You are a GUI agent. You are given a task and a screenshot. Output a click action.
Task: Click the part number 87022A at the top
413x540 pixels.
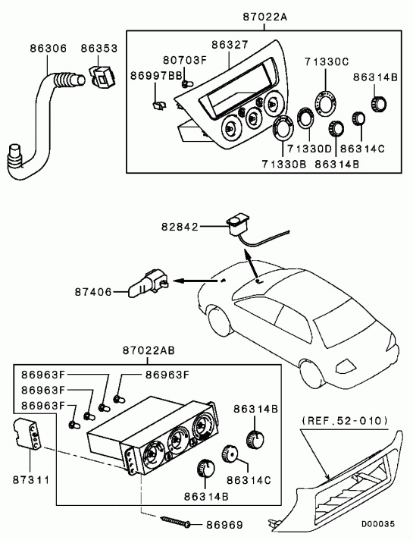tap(264, 16)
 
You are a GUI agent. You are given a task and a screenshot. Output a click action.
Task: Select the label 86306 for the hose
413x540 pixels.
tap(48, 49)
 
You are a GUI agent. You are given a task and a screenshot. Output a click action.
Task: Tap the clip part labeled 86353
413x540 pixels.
tap(103, 77)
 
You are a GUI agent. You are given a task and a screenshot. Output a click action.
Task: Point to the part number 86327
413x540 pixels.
tap(230, 45)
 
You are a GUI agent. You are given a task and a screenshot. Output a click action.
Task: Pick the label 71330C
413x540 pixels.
tap(327, 61)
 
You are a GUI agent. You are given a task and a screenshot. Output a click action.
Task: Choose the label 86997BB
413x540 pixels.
tap(156, 76)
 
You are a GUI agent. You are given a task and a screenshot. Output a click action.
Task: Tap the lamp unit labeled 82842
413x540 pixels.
tap(236, 224)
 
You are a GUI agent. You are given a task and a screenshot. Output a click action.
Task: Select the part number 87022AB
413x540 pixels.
tap(149, 350)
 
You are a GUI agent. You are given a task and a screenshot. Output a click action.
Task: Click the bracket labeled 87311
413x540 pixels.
tap(28, 435)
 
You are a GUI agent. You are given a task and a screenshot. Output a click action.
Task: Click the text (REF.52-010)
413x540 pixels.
tap(345, 421)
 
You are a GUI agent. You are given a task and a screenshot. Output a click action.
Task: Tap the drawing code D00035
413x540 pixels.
tap(377, 524)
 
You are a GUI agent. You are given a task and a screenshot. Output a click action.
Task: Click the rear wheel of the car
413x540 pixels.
tap(312, 372)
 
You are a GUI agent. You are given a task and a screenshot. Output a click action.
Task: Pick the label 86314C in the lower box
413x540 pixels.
tap(249, 480)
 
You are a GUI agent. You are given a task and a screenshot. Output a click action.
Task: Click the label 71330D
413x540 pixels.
tap(308, 149)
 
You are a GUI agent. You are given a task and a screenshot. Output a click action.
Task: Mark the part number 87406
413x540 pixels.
tap(93, 292)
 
